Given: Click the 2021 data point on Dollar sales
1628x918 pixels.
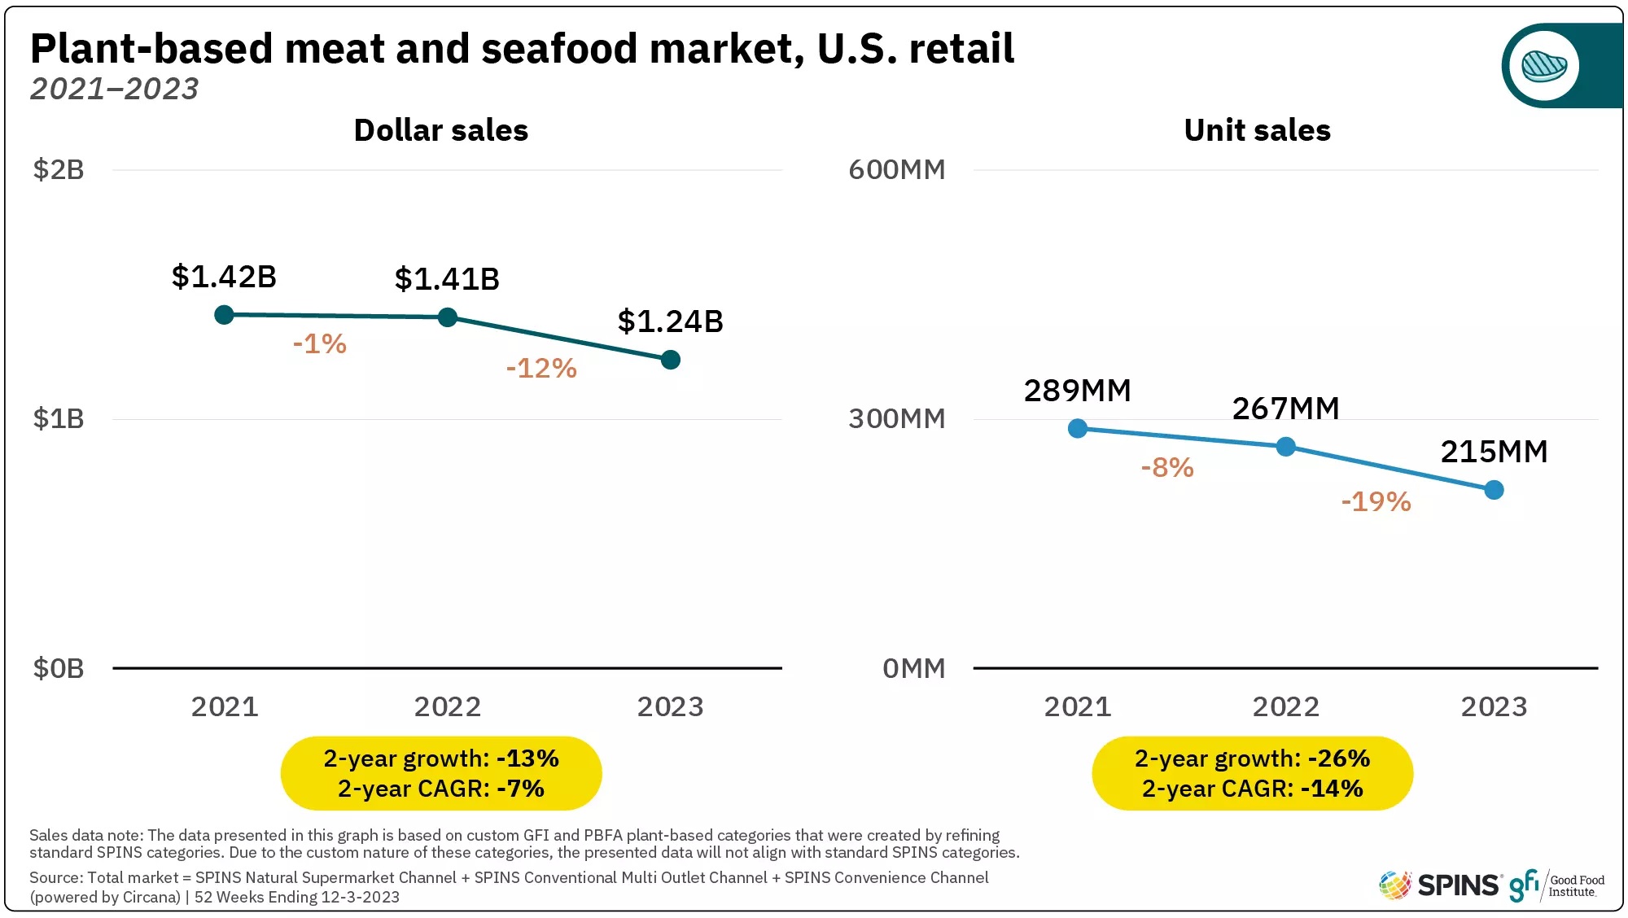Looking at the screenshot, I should coord(224,314).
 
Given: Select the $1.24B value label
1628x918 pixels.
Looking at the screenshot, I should coord(670,321).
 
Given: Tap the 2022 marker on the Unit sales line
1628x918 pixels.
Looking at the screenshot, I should coord(1285,447).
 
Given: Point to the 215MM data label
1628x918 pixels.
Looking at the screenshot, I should coord(1494,452).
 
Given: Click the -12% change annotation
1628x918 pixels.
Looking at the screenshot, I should coord(541,369).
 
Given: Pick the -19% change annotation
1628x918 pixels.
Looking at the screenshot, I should coord(1376,501).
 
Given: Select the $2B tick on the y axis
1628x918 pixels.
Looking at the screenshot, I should coord(59,170).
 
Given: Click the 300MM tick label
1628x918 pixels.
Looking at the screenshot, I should coord(896,419).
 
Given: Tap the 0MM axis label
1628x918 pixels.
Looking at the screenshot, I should coord(913,669).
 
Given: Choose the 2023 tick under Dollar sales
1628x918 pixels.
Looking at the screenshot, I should coord(670,706).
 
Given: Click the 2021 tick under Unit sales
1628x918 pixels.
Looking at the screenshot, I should coord(1077,706).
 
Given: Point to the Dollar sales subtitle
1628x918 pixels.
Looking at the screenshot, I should coord(440,130).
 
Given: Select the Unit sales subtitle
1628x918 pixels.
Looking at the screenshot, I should coord(1257,130).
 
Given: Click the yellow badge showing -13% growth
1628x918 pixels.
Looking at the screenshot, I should coord(440,773).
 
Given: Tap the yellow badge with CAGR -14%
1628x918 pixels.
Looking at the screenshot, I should coord(1252,773).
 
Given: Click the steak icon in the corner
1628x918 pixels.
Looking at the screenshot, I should coord(1544,66).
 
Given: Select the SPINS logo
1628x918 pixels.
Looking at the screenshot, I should coord(1439,885).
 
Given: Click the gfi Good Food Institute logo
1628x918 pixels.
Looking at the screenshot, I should coord(1556,885).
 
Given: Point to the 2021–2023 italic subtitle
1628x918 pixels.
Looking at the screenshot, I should coord(114,89).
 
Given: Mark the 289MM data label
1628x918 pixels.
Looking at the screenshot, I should coord(1077,391).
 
